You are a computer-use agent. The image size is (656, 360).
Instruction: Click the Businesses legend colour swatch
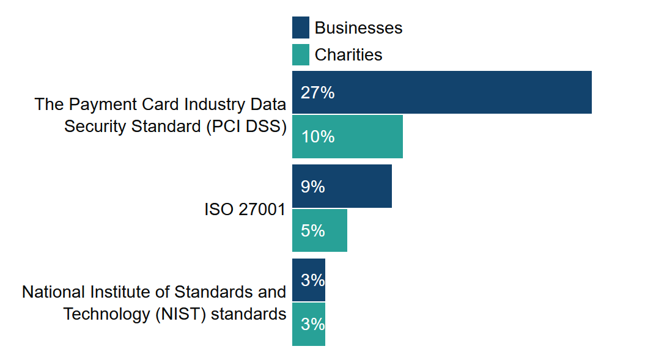(300, 28)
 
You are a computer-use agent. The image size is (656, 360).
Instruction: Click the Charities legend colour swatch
(300, 54)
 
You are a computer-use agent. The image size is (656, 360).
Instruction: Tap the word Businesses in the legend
(358, 28)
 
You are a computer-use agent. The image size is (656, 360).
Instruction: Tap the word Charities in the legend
(348, 55)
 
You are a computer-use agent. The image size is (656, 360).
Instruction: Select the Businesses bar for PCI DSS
(441, 92)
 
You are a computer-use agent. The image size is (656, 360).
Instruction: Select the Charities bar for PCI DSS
(347, 136)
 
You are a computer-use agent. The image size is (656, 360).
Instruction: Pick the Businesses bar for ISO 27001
(342, 186)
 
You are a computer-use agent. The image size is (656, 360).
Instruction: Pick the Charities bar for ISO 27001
(319, 230)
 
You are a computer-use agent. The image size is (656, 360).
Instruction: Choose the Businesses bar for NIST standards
(308, 280)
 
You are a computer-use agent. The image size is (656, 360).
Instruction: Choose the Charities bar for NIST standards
(308, 324)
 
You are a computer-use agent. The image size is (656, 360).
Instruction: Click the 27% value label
(317, 93)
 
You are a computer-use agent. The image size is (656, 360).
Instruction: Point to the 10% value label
(317, 137)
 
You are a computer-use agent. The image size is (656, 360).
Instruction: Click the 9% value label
(312, 187)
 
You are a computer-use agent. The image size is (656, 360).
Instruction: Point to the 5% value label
(312, 231)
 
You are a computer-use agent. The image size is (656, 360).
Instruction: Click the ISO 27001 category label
(245, 210)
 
